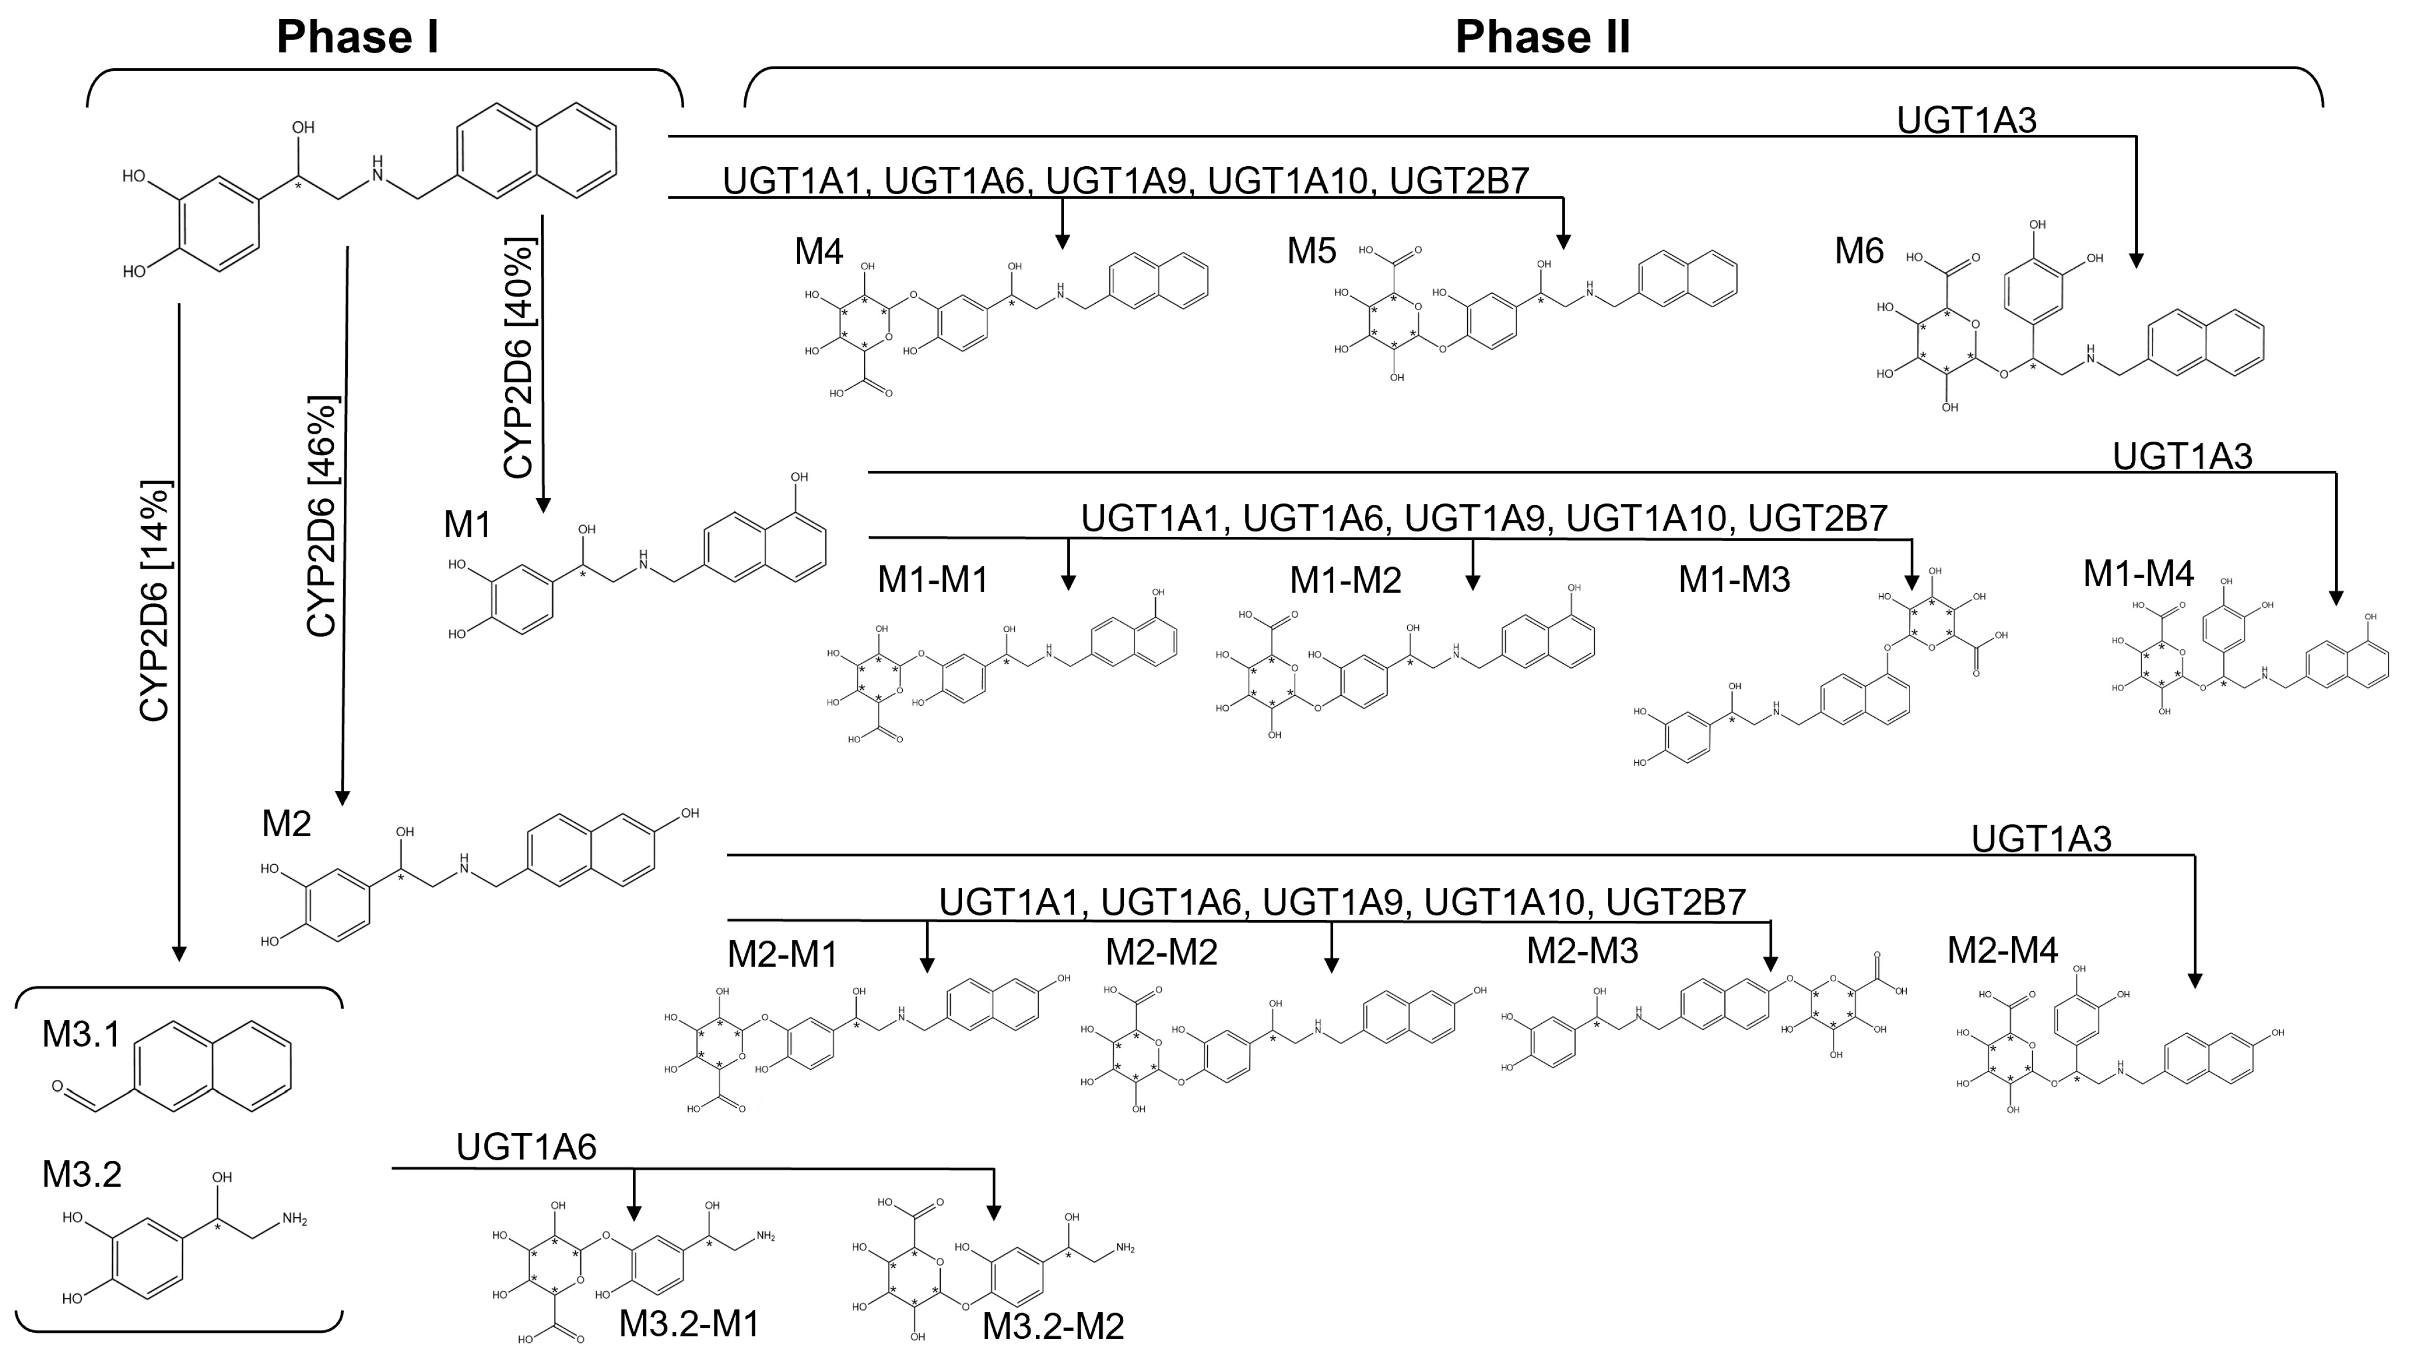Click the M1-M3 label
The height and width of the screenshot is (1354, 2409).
[x=1734, y=580]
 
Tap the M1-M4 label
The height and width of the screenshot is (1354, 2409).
[x=2138, y=573]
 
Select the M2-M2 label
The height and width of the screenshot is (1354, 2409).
[x=1161, y=952]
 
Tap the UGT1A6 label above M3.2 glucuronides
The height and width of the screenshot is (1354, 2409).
[x=526, y=1146]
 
